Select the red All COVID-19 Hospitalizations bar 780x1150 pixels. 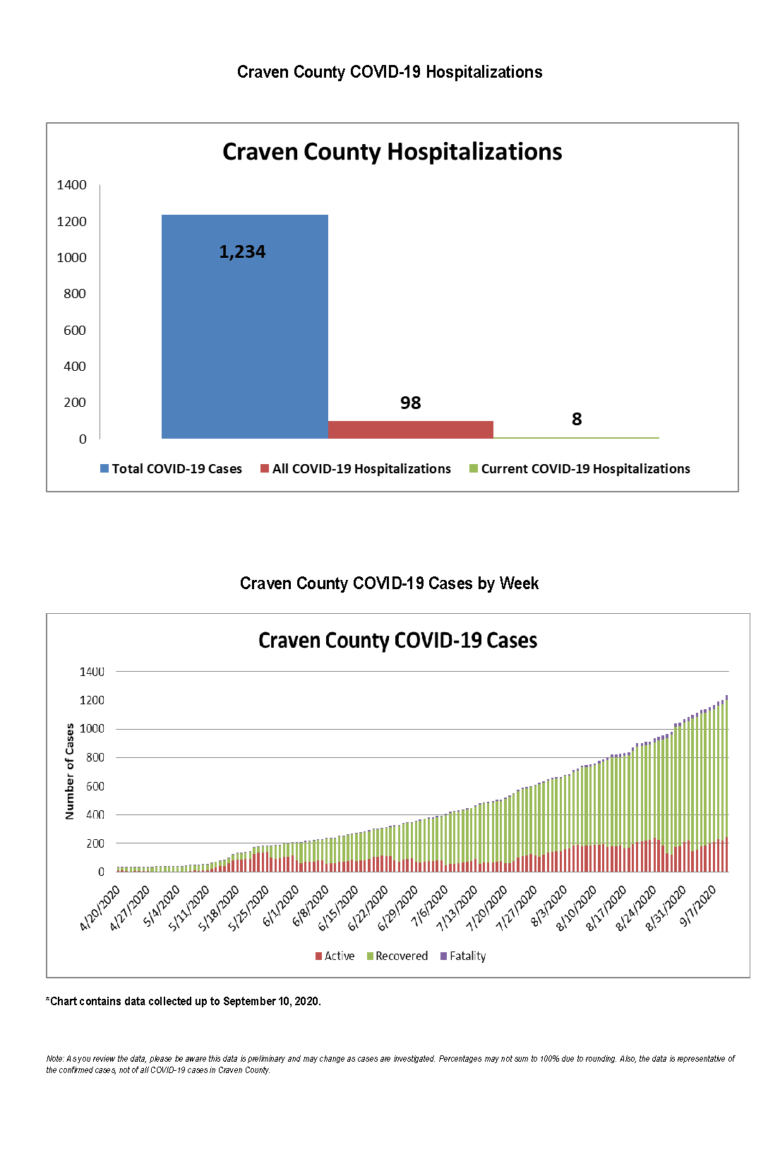pos(410,429)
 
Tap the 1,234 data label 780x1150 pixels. pos(242,252)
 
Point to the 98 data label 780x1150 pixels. pos(410,403)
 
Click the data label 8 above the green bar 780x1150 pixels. pos(577,420)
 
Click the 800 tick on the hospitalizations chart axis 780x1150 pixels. pos(74,294)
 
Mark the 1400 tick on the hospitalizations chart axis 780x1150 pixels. pos(71,185)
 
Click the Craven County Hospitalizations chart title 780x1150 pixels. pos(392,152)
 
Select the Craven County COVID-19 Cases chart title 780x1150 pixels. pos(397,641)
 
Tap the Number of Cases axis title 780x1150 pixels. pos(69,771)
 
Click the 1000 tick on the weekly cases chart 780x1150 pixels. pos(91,728)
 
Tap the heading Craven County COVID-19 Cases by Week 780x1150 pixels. pos(389,583)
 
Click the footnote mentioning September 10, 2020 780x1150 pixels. pos(184,1001)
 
